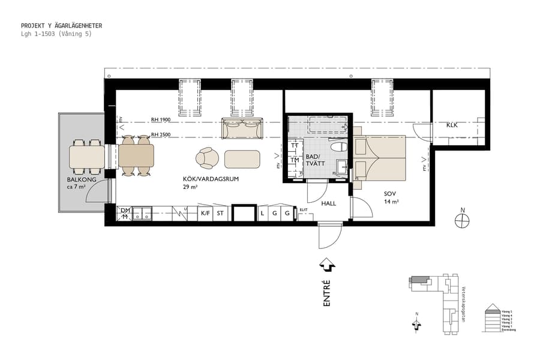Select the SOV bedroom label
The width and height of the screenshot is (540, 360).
[391, 194]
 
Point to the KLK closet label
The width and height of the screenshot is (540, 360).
[452, 125]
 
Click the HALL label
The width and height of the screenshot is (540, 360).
[328, 203]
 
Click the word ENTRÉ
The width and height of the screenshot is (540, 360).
[327, 293]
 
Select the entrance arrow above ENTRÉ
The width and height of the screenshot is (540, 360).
[327, 263]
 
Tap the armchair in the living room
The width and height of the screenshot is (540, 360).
[208, 158]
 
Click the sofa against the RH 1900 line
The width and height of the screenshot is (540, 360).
[242, 128]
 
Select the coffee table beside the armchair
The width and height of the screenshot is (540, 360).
[242, 159]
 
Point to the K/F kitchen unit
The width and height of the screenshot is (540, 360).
[205, 213]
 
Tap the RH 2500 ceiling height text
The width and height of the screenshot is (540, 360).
[161, 135]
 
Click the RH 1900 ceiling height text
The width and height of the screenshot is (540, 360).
[161, 120]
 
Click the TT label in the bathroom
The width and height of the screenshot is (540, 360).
[295, 146]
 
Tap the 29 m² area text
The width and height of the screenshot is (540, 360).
[190, 187]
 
